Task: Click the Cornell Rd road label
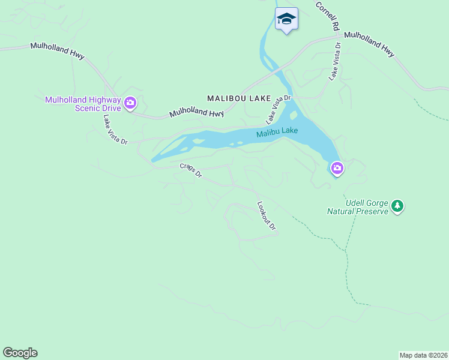(x=328, y=16)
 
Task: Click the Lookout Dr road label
(x=267, y=216)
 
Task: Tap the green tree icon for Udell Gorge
(x=397, y=206)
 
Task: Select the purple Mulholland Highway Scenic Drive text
(x=83, y=104)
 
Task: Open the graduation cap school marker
(x=286, y=19)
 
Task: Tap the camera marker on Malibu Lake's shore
(x=337, y=169)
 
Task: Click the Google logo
(x=20, y=353)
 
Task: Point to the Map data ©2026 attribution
(x=423, y=355)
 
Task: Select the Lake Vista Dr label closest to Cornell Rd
(x=334, y=61)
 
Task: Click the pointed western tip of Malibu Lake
(x=152, y=161)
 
